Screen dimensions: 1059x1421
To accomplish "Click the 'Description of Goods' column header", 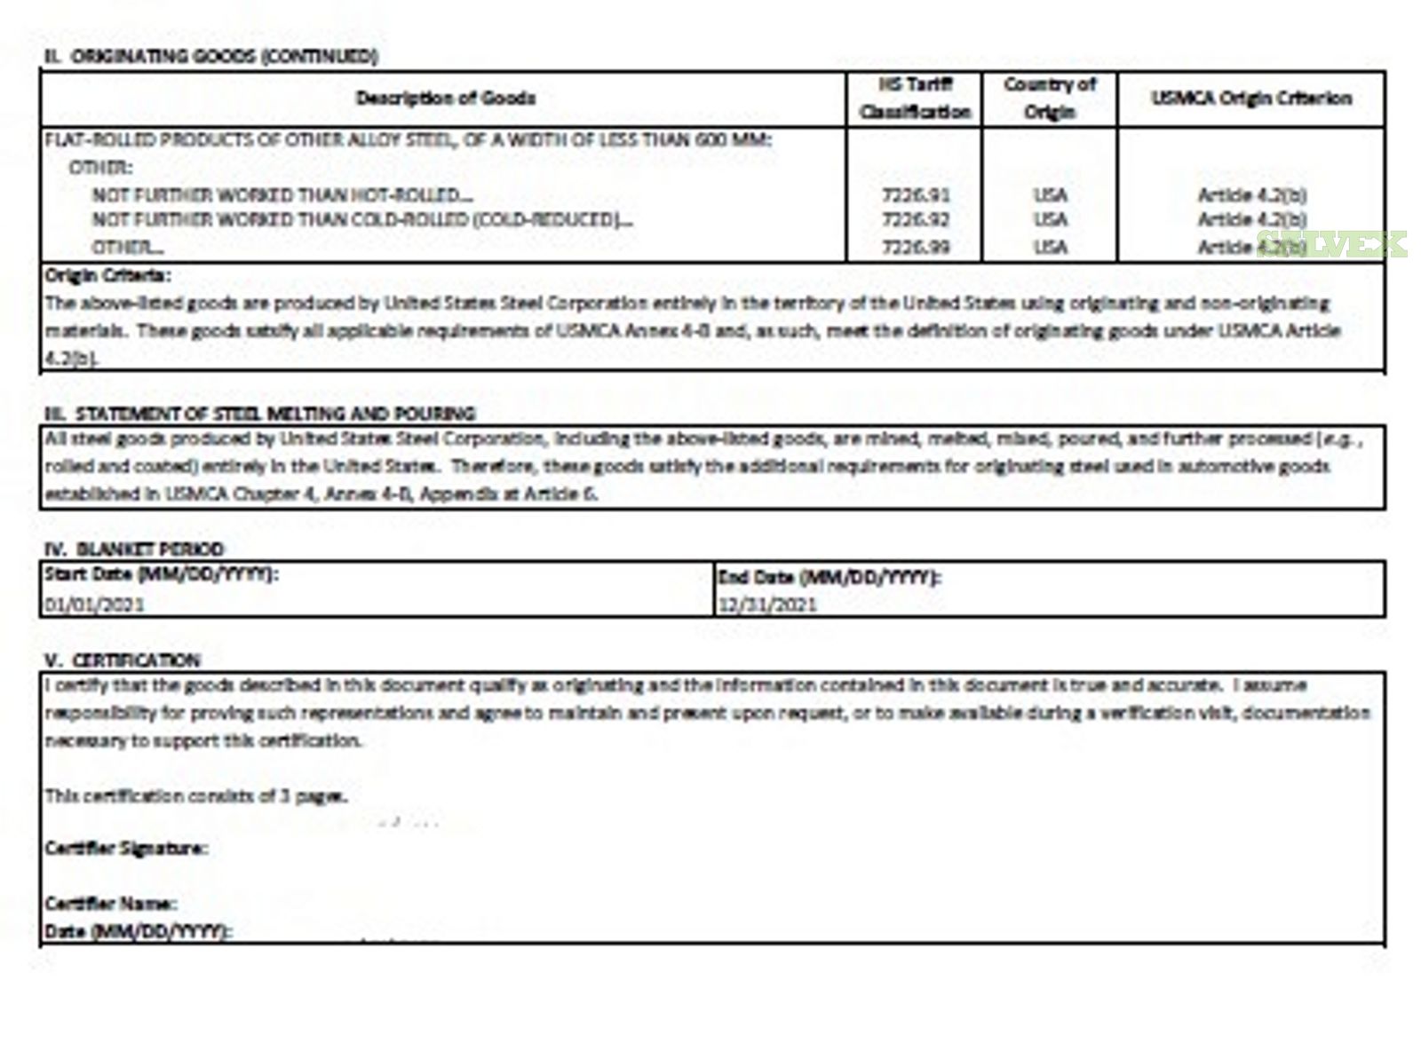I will (445, 98).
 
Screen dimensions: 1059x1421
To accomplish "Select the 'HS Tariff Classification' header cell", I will (915, 98).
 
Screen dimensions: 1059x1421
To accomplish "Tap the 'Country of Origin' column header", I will (1050, 98).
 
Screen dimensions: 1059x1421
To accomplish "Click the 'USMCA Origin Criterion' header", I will (1251, 98).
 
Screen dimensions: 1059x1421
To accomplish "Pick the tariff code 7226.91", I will (916, 194).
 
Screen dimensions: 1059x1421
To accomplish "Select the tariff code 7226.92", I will (916, 219).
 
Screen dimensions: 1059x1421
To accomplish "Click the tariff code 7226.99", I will (916, 247).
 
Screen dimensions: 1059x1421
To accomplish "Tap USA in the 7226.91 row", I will (1051, 194).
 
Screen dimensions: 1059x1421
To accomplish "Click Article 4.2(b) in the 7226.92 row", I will (1251, 219).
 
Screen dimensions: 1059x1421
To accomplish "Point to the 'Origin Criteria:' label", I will (107, 275).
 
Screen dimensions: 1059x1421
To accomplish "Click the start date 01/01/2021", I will (94, 605).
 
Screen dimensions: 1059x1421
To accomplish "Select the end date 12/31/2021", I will (766, 605).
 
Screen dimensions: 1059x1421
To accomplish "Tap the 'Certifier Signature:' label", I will (126, 849).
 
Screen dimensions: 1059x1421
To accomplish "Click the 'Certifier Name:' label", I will (110, 904).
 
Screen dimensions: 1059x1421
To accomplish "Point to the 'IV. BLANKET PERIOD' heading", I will (134, 549).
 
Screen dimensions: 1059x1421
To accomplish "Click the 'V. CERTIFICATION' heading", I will (123, 660).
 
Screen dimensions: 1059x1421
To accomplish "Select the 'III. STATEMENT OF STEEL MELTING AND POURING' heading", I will (260, 414).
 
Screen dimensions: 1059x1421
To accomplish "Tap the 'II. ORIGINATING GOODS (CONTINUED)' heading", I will (211, 57).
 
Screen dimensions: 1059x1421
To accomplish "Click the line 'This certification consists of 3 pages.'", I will (195, 795).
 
